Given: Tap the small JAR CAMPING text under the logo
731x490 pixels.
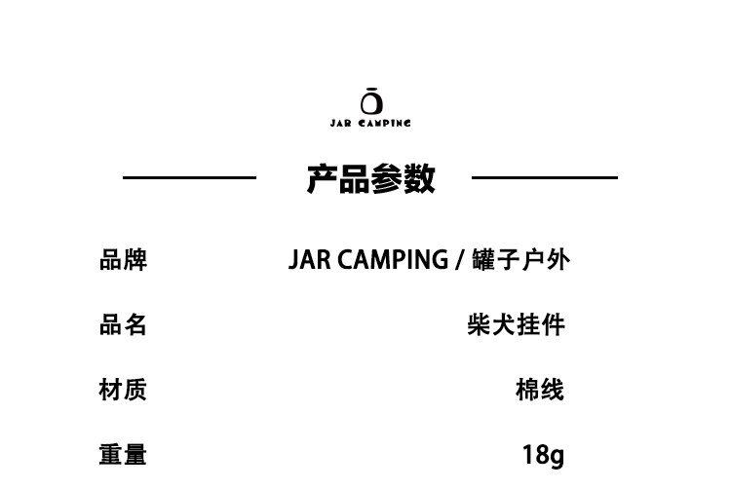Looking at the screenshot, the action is pos(370,123).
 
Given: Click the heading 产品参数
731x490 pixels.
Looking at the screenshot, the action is pos(370,178).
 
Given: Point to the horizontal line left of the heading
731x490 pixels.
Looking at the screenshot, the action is pos(189,177).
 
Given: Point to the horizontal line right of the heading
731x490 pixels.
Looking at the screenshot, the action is pos(545,177).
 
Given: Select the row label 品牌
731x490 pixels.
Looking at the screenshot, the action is pos(123,260).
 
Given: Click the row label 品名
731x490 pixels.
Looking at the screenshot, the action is pos(123,324).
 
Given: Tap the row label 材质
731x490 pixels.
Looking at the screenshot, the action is pos(123,390).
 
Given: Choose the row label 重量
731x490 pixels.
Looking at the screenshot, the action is pos(123,454).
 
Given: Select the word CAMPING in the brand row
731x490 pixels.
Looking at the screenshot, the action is pos(393,260).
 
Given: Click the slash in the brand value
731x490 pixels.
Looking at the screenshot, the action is pos(460,260).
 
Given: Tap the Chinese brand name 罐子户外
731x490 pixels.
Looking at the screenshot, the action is pos(520,260).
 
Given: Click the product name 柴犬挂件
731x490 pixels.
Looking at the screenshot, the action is pos(516,324).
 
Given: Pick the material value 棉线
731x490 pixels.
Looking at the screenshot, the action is pos(540,390).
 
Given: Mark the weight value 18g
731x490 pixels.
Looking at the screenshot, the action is pos(543,455).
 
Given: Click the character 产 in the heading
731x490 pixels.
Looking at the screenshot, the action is pos(323,178).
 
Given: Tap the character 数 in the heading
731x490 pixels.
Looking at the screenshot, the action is pos(419,178).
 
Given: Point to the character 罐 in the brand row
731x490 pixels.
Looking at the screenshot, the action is pos(483,260).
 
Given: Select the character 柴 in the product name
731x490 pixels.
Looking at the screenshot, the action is pos(480,324).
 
